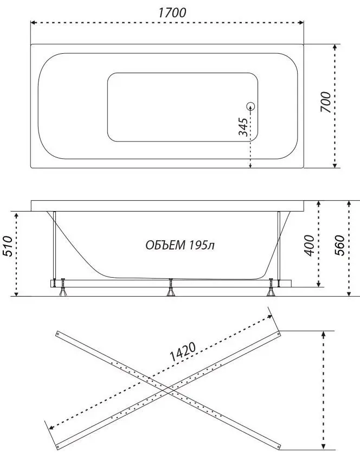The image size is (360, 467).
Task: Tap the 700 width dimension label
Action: point(325,101)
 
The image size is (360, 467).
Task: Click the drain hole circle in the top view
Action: point(251,107)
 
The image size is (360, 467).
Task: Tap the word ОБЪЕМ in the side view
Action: point(165,245)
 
